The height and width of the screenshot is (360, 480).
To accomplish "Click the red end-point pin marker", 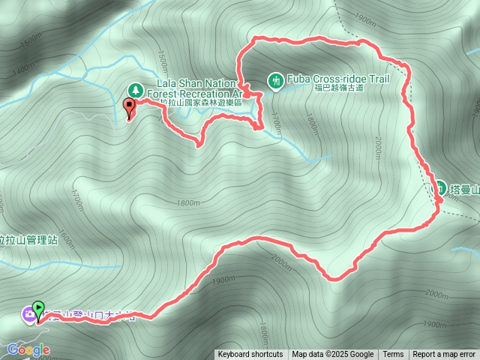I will (128, 106).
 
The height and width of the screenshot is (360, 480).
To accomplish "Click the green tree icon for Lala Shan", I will (135, 88).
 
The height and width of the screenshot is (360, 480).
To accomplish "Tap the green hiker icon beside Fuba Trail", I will (275, 79).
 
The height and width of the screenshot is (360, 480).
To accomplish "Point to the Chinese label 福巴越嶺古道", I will (337, 88).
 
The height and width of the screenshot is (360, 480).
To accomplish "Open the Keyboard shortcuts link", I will (250, 355).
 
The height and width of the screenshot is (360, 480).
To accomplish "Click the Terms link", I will (393, 355).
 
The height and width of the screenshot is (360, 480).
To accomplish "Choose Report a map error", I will (444, 355).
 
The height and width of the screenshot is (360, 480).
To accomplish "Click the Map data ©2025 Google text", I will (333, 355).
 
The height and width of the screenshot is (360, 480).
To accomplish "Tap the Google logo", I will (28, 349).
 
